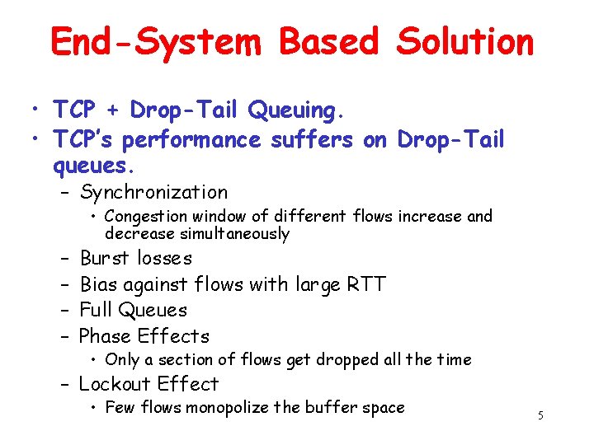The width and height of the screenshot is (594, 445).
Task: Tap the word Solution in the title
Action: coord(465,40)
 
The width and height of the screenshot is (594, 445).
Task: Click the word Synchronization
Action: coord(154,192)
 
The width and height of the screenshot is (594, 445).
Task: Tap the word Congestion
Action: coord(146,217)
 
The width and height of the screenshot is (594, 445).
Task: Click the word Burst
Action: coord(105,258)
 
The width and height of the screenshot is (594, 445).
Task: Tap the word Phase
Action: coord(106,336)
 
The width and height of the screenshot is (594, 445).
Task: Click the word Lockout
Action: coord(115,384)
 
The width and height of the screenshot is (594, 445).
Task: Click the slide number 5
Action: coord(540,415)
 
